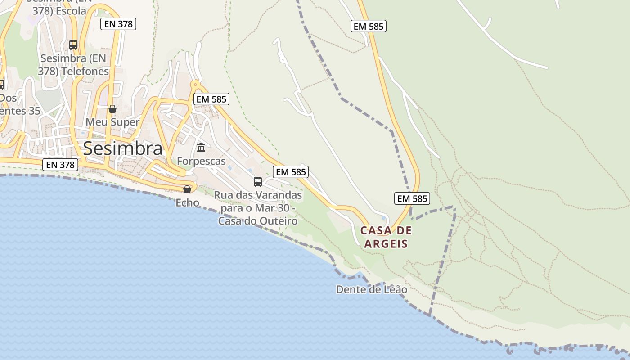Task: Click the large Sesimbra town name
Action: coord(122,148)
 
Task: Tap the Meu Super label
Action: coord(112,122)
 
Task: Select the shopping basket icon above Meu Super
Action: coord(112,109)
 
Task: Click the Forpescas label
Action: coord(201,161)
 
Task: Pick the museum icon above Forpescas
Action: coord(201,147)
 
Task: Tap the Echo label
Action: coord(187,203)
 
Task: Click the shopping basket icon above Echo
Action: coord(187,189)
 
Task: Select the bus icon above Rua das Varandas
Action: coord(258,181)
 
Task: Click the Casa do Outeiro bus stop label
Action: coord(258,208)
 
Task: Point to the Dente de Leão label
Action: coord(372,289)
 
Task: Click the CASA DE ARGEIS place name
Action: coord(386,238)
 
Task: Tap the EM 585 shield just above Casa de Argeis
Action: coord(412,198)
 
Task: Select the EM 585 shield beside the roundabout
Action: coord(211,99)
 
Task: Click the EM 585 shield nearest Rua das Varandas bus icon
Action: coord(291,171)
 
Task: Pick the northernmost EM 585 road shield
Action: coord(368,26)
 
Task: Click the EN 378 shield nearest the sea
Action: coord(60,165)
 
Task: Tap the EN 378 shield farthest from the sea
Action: coord(119,24)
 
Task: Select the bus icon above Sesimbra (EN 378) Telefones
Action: coord(73,45)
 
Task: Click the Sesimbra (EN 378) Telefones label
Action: coord(75,65)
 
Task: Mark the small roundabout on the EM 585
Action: coord(195,84)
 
